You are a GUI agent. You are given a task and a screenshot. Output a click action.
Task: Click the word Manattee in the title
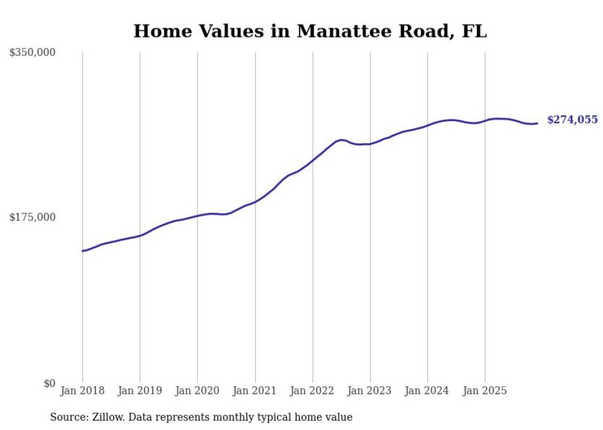click(x=340, y=31)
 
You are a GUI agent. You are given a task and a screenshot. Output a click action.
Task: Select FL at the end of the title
click(x=474, y=31)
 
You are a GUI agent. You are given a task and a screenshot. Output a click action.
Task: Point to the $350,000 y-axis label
click(x=33, y=53)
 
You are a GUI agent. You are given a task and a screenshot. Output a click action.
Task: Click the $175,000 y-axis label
click(x=33, y=217)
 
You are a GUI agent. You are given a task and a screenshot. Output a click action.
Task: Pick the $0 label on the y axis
click(x=49, y=383)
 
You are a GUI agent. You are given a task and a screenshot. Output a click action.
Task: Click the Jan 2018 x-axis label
click(x=82, y=391)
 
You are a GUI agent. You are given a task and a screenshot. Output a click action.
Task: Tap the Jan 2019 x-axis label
click(x=140, y=391)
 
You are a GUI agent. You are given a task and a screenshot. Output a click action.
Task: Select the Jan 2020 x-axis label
click(x=198, y=391)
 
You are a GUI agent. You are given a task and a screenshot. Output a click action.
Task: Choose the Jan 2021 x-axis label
click(x=255, y=391)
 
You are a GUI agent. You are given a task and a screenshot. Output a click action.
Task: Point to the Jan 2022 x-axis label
click(x=313, y=391)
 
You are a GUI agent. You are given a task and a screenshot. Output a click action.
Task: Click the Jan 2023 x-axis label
click(x=370, y=391)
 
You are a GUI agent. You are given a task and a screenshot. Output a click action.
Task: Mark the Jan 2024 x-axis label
click(x=428, y=391)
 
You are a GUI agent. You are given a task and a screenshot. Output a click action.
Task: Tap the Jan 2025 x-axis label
click(x=485, y=391)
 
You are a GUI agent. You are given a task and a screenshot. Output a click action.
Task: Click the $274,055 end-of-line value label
click(x=572, y=120)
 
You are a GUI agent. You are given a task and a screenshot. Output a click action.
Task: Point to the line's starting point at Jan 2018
click(x=82, y=251)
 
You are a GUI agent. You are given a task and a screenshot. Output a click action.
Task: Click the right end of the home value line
click(x=537, y=123)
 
